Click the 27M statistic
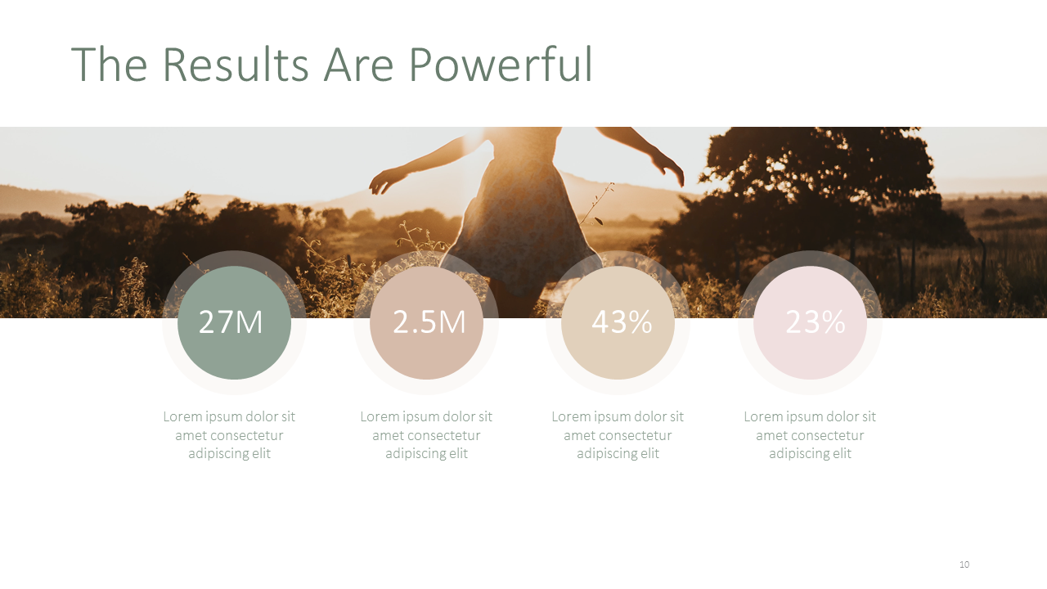pyautogui.click(x=231, y=322)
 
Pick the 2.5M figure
pyautogui.click(x=429, y=322)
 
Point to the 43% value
pyautogui.click(x=622, y=322)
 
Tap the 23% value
pyautogui.click(x=816, y=322)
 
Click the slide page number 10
pyautogui.click(x=964, y=564)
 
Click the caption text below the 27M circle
pyautogui.click(x=229, y=435)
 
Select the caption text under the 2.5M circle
pyautogui.click(x=426, y=435)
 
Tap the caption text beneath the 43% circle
pyautogui.click(x=618, y=435)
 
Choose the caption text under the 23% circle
pyautogui.click(x=810, y=435)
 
